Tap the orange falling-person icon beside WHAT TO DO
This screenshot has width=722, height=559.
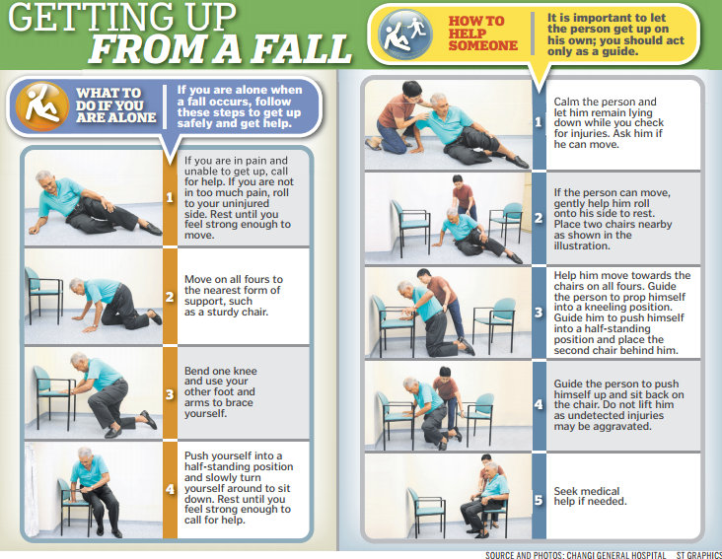[40, 105]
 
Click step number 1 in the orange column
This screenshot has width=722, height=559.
[170, 196]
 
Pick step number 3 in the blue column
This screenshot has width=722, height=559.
[539, 313]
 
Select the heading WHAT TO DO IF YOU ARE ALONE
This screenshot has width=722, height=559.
[116, 105]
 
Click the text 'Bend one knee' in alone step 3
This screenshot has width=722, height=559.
[220, 372]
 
